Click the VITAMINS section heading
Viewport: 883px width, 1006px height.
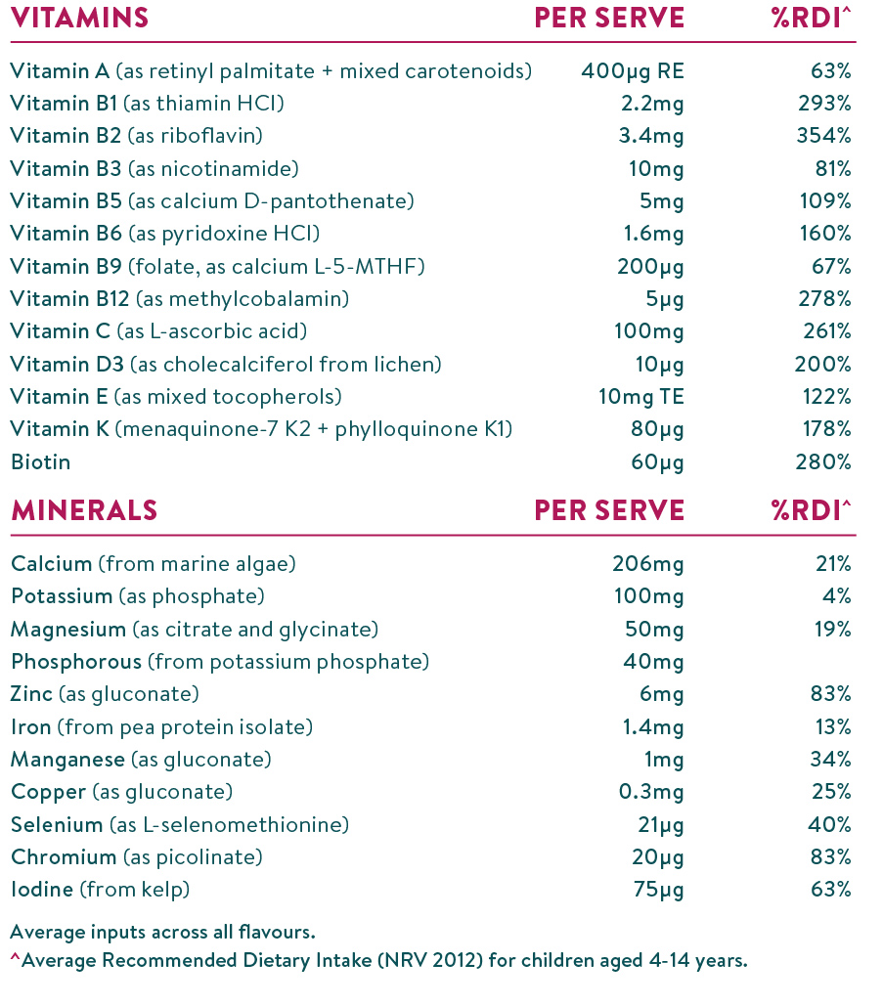coord(79,18)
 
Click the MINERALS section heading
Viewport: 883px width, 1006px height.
coord(83,510)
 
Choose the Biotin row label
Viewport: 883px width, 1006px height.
coord(40,461)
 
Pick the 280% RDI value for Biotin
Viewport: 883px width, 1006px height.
coord(822,461)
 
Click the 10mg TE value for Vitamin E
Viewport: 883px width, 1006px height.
coord(640,397)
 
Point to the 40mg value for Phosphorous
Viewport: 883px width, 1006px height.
coord(654,662)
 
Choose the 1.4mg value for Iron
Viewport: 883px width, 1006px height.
coord(655,726)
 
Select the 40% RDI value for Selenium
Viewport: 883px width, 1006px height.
coord(829,824)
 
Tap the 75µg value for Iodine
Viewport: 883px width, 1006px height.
coord(658,890)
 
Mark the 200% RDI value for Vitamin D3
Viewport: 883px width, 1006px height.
coord(822,365)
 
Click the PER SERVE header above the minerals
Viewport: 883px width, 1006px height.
coord(609,510)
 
